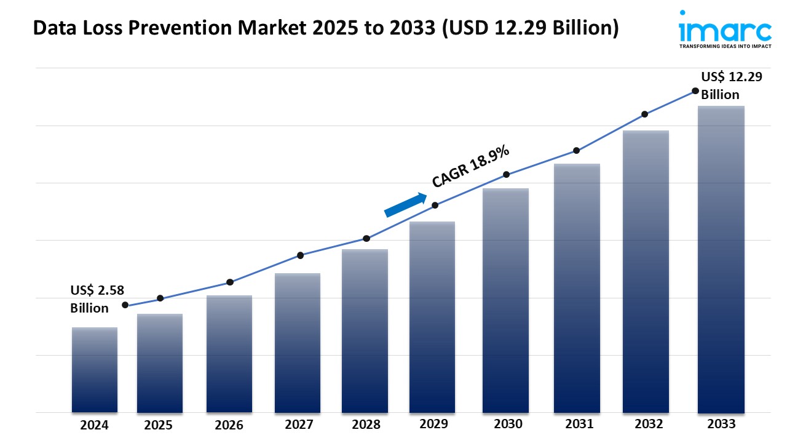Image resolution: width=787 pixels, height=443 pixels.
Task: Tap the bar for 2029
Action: point(432,317)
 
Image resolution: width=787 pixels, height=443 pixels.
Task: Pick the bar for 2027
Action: point(298,343)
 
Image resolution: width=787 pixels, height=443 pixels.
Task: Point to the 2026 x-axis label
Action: point(229,425)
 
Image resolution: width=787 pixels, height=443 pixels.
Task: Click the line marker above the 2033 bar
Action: point(695,90)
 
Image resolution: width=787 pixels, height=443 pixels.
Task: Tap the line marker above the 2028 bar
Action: point(366,238)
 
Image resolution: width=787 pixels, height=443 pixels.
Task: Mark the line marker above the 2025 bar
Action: point(160,298)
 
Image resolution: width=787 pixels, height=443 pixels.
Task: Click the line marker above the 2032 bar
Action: point(645,114)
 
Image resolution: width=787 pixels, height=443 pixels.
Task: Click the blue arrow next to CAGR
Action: point(406,205)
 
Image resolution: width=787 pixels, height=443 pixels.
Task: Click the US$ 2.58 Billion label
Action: point(90,299)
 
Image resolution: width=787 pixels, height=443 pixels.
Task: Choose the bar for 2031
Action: point(577,288)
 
